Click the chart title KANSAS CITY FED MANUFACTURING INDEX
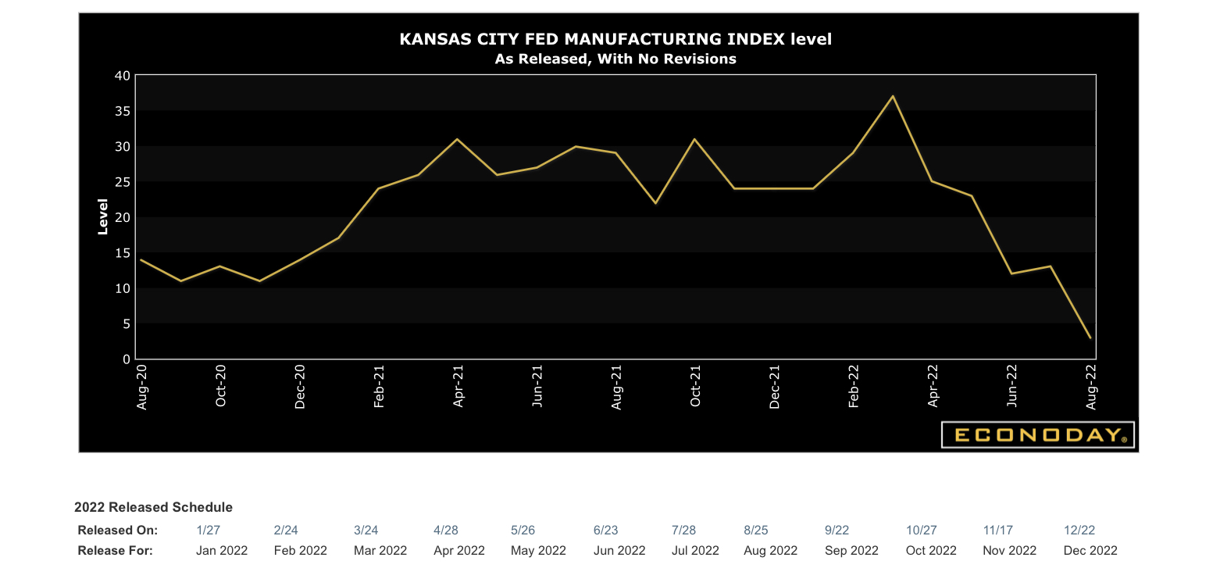pyautogui.click(x=615, y=39)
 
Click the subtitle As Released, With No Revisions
pyautogui.click(x=615, y=59)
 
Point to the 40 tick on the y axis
pyautogui.click(x=121, y=76)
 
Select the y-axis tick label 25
pyautogui.click(x=121, y=182)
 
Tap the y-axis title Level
pyautogui.click(x=102, y=217)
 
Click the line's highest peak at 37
pyautogui.click(x=893, y=96)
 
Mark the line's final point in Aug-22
pyautogui.click(x=1090, y=338)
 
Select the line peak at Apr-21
pyautogui.click(x=457, y=139)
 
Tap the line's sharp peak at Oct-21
pyautogui.click(x=694, y=139)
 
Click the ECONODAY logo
pyautogui.click(x=1037, y=435)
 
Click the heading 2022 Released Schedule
pyautogui.click(x=153, y=507)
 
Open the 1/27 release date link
pyautogui.click(x=208, y=530)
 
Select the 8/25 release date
pyautogui.click(x=757, y=530)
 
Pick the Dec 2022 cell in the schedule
pyautogui.click(x=1090, y=550)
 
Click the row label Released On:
pyautogui.click(x=117, y=530)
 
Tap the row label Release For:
pyautogui.click(x=115, y=550)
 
